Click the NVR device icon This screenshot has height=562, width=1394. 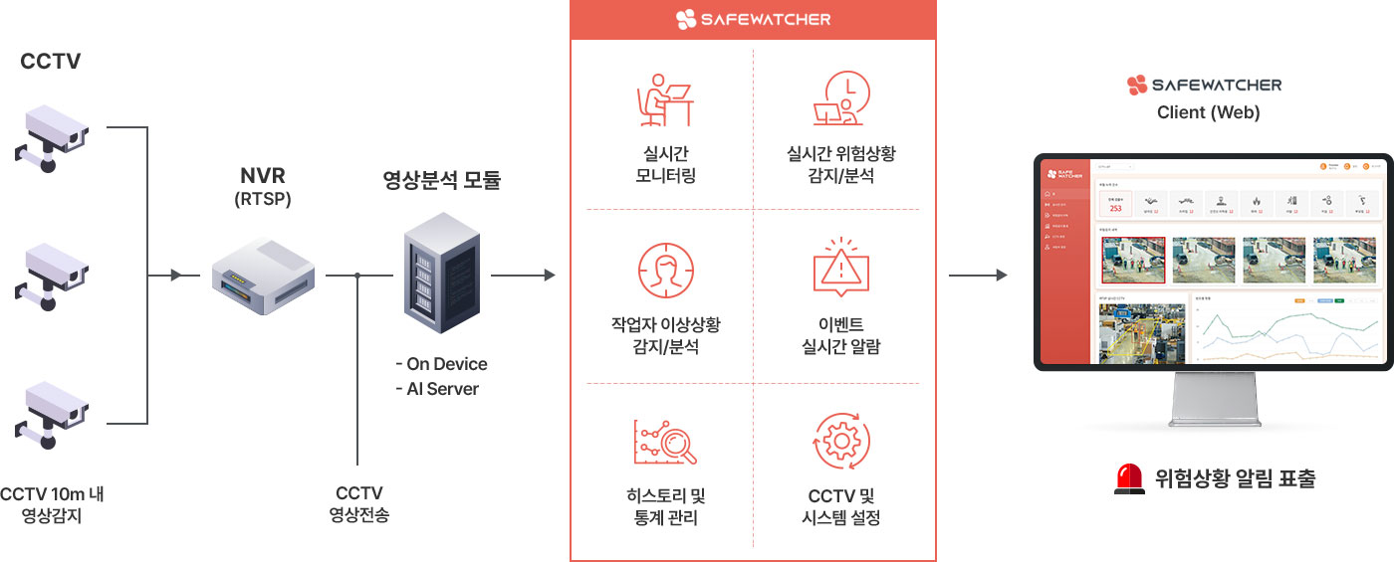pyautogui.click(x=263, y=276)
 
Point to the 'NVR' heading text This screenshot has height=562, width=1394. pyautogui.click(x=262, y=176)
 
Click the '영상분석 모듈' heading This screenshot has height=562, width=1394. pyautogui.click(x=441, y=180)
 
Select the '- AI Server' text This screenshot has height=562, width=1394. pyautogui.click(x=437, y=389)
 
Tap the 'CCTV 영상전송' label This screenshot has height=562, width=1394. pyautogui.click(x=358, y=504)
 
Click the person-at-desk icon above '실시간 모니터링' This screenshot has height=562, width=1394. pyautogui.click(x=665, y=99)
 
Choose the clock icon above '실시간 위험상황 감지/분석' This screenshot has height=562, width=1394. pyautogui.click(x=841, y=99)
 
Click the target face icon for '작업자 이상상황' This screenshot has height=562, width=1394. pyautogui.click(x=665, y=270)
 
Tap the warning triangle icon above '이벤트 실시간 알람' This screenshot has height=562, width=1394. pyautogui.click(x=841, y=267)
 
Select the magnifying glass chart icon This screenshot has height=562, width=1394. pyautogui.click(x=665, y=442)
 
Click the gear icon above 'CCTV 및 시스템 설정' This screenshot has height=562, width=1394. pyautogui.click(x=841, y=442)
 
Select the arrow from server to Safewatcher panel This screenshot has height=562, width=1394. pyautogui.click(x=523, y=275)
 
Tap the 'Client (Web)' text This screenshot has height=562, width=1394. pyautogui.click(x=1208, y=112)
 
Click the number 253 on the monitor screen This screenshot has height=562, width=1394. pyautogui.click(x=1115, y=208)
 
